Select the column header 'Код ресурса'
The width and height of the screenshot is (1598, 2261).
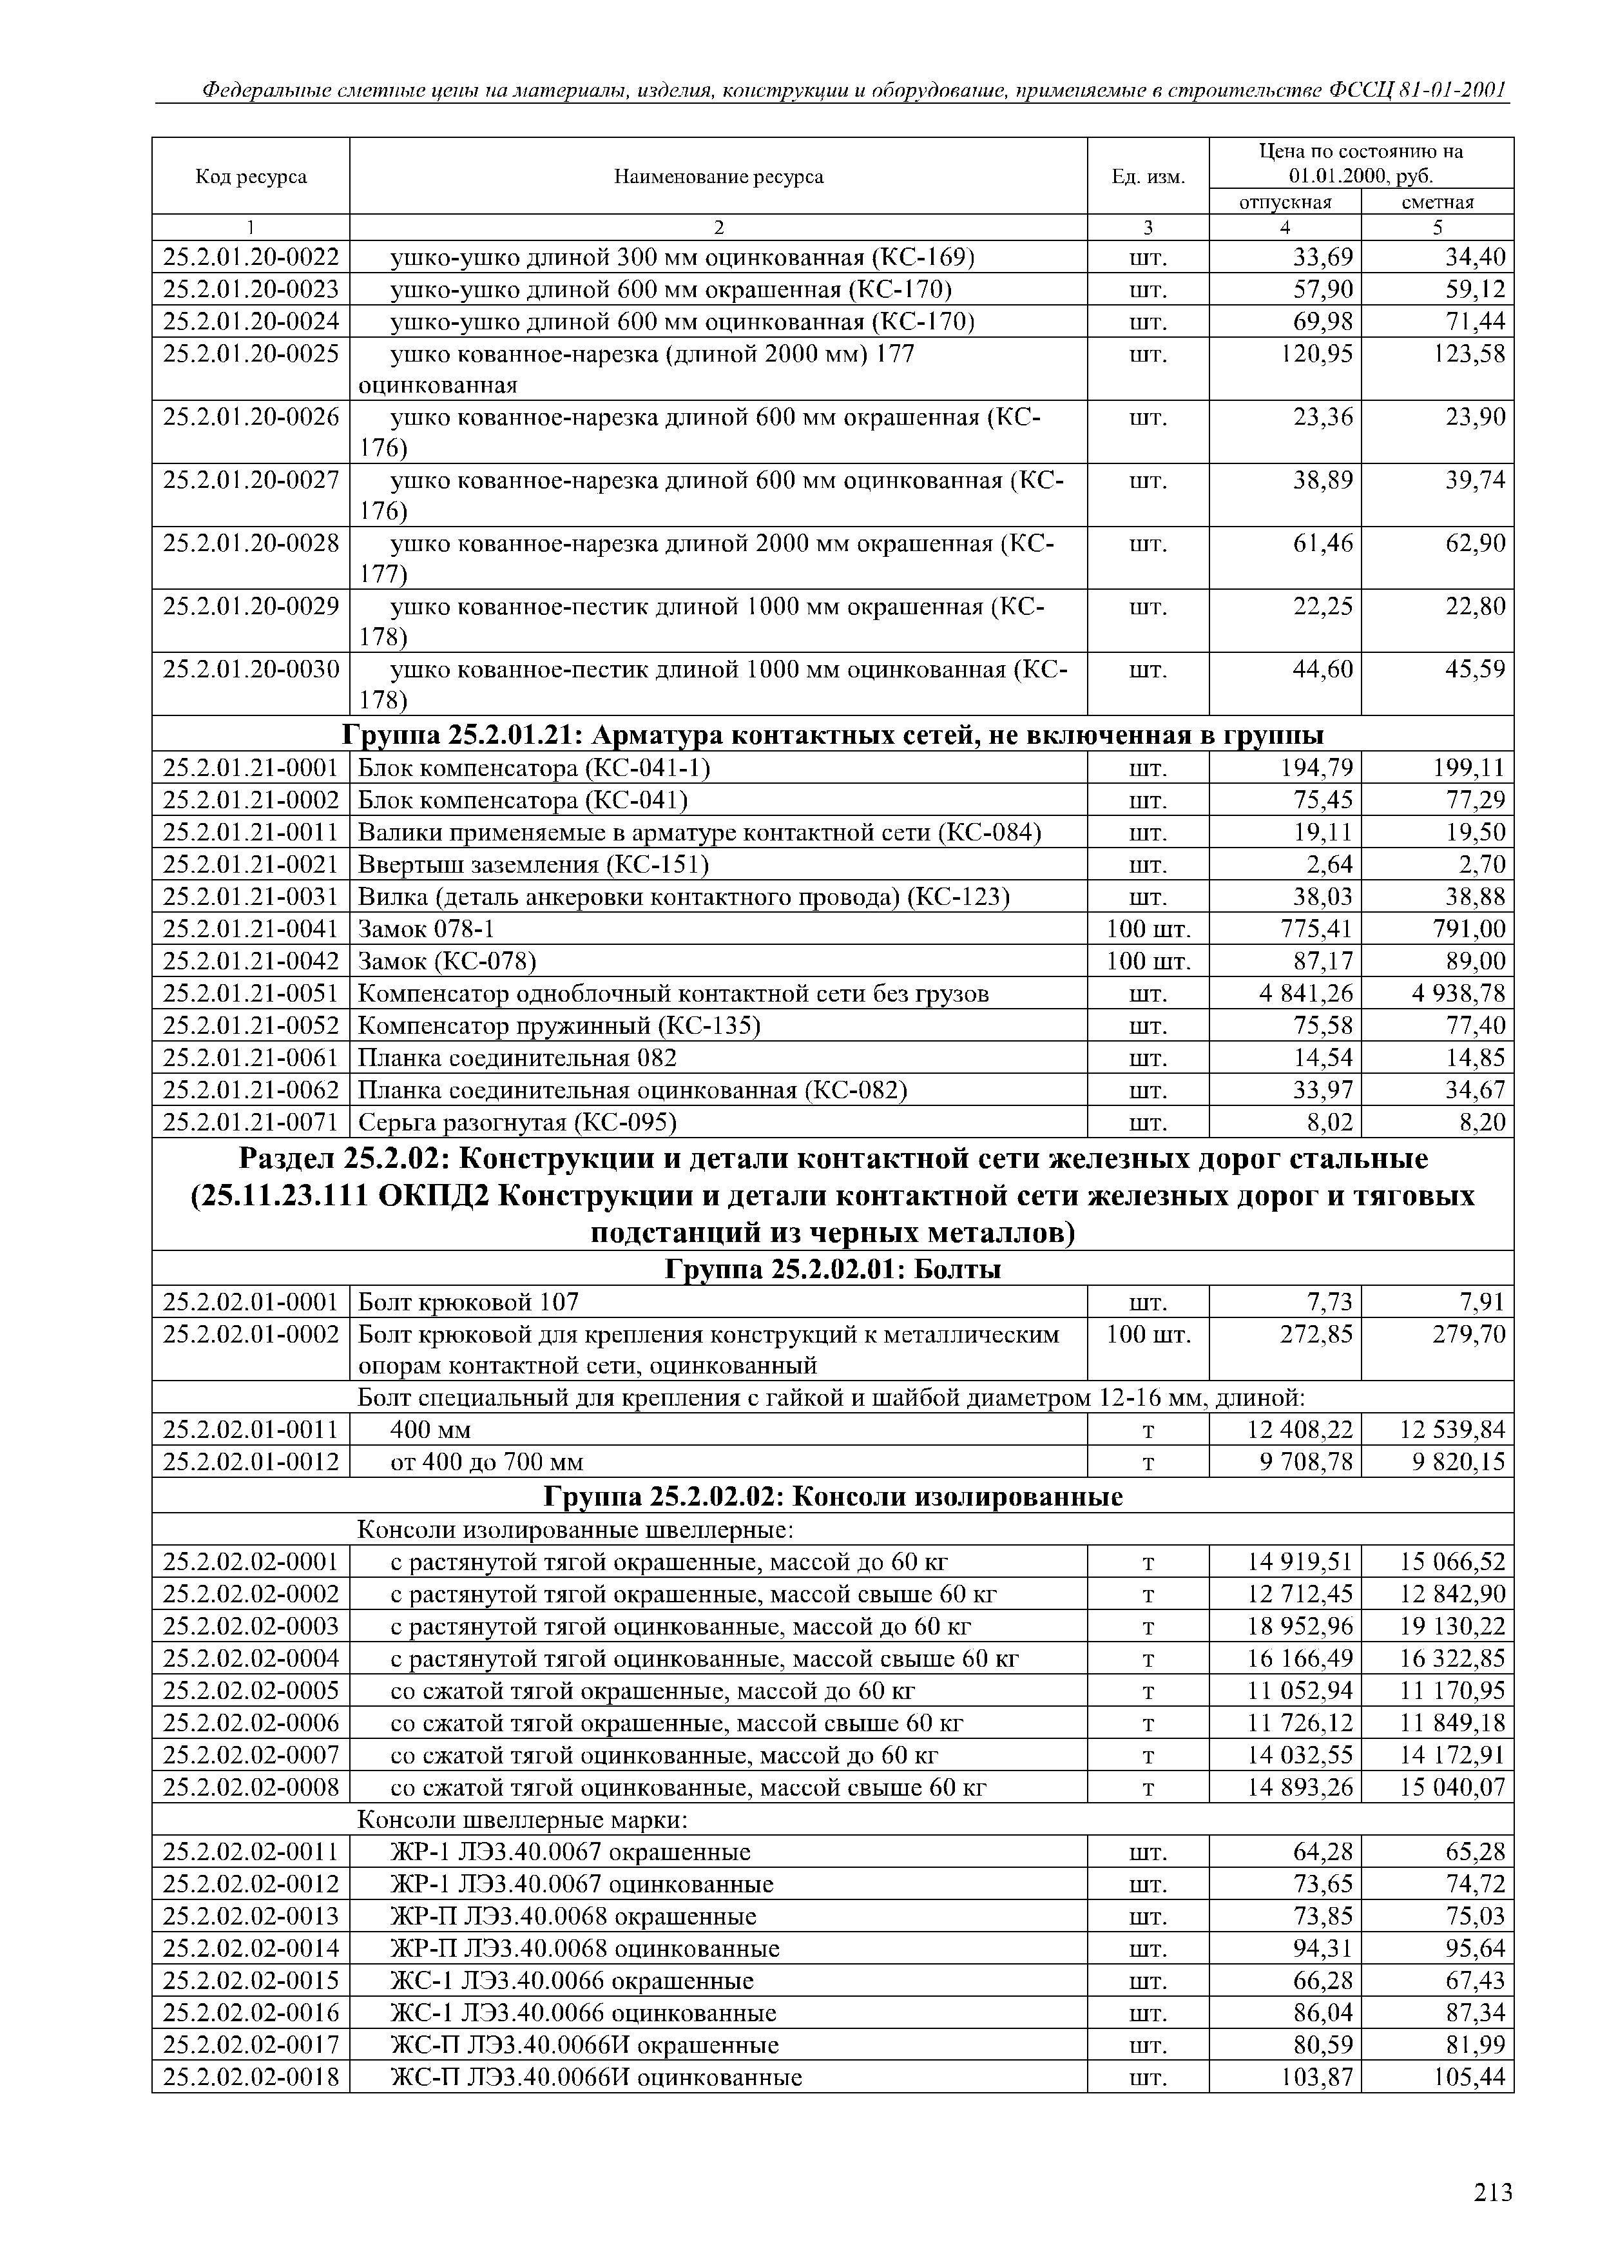251,177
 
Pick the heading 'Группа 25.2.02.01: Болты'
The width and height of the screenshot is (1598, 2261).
833,1270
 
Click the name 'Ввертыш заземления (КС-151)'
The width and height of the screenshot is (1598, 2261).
533,864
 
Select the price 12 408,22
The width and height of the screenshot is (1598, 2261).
1300,1429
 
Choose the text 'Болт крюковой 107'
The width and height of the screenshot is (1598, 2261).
468,1303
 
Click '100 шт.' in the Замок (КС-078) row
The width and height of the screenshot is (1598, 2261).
1148,961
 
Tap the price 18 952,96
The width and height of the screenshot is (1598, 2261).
1300,1626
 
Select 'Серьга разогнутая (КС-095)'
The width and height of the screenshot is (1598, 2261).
517,1123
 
